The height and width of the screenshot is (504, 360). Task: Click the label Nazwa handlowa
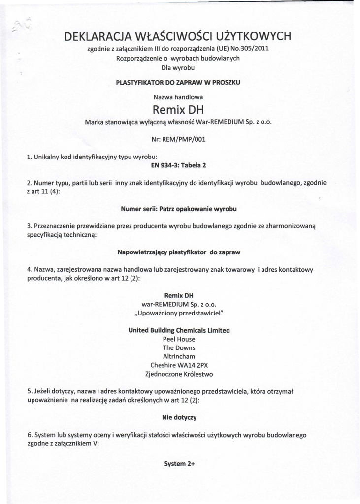point(178,97)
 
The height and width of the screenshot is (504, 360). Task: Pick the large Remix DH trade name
point(178,109)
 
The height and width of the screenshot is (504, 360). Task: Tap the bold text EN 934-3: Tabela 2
point(178,165)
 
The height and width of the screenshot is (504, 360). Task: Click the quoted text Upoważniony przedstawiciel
point(179,313)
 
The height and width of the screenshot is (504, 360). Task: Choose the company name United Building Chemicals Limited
point(179,330)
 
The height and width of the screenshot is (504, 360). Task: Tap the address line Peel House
point(179,339)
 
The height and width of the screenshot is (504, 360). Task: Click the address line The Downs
point(179,348)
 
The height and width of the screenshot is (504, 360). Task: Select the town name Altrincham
point(179,356)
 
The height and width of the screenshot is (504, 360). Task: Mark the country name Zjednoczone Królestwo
point(179,374)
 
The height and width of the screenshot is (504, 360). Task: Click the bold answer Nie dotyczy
point(179,417)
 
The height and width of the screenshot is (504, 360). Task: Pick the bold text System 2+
point(179,464)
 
